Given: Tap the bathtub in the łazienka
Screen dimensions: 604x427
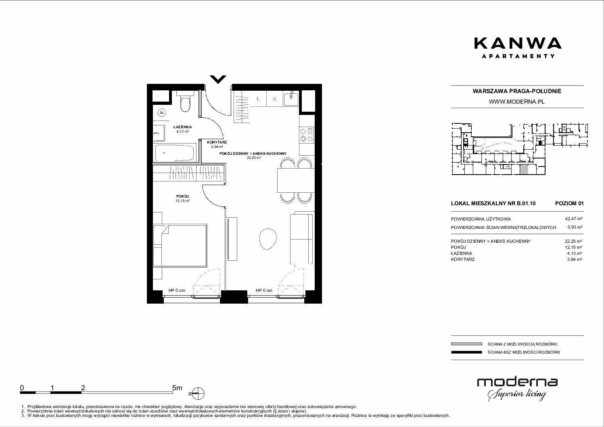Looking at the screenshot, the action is (x=174, y=153).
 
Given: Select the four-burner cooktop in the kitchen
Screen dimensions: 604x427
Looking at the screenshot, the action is (x=307, y=135).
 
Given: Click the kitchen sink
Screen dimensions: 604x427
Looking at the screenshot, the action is (x=291, y=98).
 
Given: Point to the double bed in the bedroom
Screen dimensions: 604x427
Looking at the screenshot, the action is (x=180, y=246).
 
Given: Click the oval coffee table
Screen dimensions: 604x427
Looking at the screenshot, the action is (x=268, y=239).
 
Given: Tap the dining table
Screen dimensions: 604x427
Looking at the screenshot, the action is (x=296, y=180).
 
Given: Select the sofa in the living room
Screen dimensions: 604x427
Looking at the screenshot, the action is (x=302, y=239).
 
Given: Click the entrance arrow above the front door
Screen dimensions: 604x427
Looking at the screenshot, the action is (x=218, y=79).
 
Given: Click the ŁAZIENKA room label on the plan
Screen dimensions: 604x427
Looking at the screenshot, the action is (x=182, y=127).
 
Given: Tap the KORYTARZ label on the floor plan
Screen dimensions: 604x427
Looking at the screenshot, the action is (x=217, y=142).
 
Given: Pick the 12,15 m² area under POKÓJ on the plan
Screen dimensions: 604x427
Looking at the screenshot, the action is (x=182, y=201).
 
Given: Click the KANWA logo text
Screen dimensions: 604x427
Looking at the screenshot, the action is (x=518, y=44).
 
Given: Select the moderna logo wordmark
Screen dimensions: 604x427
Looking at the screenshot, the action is (x=517, y=382).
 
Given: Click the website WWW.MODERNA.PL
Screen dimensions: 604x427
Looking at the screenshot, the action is (x=516, y=102).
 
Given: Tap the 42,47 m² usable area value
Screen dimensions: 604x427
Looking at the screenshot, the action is (x=573, y=219).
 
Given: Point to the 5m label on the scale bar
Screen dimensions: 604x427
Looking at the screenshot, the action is (x=177, y=387).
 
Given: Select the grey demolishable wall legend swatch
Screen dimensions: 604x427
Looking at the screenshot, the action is (x=466, y=344).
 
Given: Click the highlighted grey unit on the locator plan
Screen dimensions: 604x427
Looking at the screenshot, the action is (x=524, y=170).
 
